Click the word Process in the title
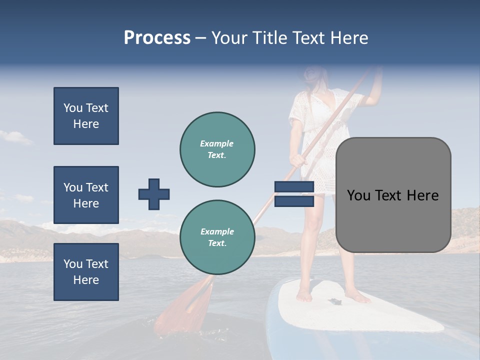coord(157,38)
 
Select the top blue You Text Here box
coord(86,116)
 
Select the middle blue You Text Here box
coord(86,195)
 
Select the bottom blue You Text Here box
coord(86,272)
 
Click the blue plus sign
coord(154,194)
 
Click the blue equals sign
coord(294,194)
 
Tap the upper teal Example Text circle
coord(217,149)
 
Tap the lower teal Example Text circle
coord(217,237)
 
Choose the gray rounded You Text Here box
coord(393,195)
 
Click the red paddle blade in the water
coord(180,307)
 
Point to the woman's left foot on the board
coord(358,297)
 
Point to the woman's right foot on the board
coord(303,295)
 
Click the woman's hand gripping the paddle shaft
coord(298,160)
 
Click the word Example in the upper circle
coord(217,143)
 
